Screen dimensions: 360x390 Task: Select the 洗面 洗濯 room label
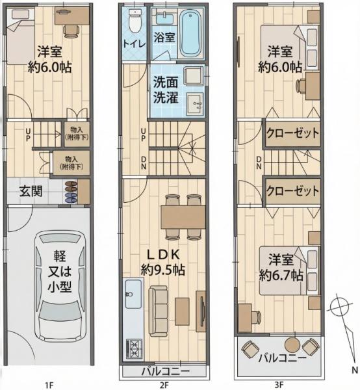[x=166, y=90]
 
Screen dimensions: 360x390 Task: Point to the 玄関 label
[x=31, y=191]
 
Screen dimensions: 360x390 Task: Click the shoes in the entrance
[x=71, y=192]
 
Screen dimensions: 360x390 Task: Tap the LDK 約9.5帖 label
[x=163, y=262]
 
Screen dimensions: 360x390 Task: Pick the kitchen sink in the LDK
[x=133, y=294]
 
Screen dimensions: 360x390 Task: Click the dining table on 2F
[x=183, y=217]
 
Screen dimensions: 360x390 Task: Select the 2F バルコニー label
[x=166, y=372]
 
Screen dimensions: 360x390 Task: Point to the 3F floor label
[x=279, y=385]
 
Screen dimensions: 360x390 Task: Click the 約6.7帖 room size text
[x=281, y=276]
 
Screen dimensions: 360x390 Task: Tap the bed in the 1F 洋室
[x=21, y=37]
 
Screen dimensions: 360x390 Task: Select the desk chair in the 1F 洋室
[x=71, y=31]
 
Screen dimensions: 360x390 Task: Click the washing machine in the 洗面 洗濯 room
[x=193, y=76]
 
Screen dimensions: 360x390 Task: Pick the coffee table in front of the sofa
[x=182, y=311]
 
